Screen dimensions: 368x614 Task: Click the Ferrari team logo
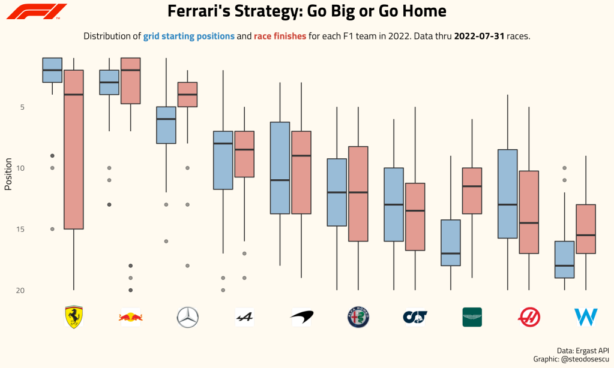point(73,316)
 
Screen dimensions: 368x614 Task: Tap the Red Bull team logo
point(130,316)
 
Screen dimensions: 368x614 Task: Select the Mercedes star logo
point(187,316)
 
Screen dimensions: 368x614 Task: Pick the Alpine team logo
point(244,316)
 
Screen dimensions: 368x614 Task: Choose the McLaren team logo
point(301,316)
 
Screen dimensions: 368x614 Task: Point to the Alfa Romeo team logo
point(358,316)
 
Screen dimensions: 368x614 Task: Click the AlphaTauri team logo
point(415,316)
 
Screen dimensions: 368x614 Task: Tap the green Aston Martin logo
point(472,316)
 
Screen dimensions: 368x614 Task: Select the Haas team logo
point(529,316)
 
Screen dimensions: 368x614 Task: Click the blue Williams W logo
point(586,316)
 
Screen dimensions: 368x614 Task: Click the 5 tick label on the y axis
point(39,107)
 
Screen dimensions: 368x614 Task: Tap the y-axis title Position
point(8,174)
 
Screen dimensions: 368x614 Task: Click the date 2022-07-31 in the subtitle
point(479,37)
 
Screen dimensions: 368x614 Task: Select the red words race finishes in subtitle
point(280,37)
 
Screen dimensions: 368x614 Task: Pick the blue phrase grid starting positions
point(189,37)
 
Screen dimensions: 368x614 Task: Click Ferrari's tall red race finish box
point(74,149)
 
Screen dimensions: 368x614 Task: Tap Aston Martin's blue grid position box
point(450,243)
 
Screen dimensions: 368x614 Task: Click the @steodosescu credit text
point(585,358)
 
